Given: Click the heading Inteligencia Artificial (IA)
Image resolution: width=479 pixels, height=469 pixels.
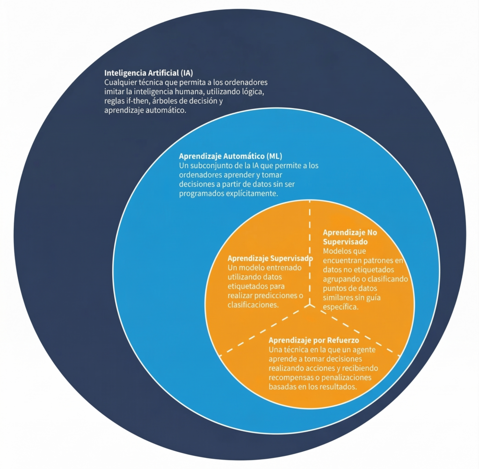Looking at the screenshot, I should tap(149, 73).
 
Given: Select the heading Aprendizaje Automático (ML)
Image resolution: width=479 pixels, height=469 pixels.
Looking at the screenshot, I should tap(231, 156).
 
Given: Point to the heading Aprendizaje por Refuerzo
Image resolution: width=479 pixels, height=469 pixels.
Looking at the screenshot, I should tap(314, 341).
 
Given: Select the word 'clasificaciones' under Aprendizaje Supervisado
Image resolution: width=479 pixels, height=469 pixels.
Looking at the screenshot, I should tap(253, 305).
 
